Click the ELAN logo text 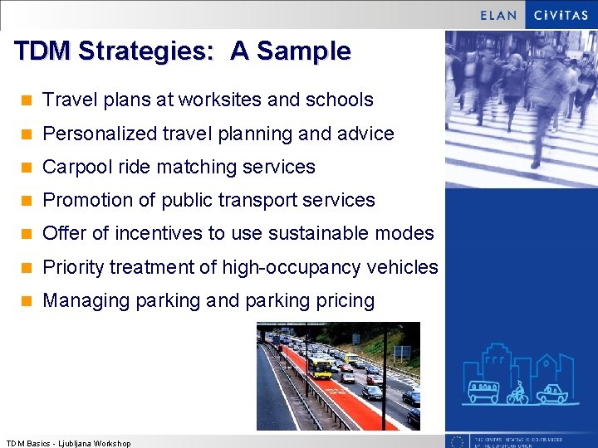click(x=498, y=14)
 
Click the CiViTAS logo click(x=561, y=14)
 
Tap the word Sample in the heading click(x=303, y=51)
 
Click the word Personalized click(x=98, y=134)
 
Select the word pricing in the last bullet click(x=345, y=300)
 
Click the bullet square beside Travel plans click(x=27, y=100)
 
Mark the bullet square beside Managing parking click(x=27, y=301)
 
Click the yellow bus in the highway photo click(x=320, y=364)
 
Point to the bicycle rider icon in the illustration click(x=517, y=392)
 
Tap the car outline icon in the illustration click(x=552, y=393)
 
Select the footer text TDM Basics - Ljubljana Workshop click(x=68, y=443)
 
